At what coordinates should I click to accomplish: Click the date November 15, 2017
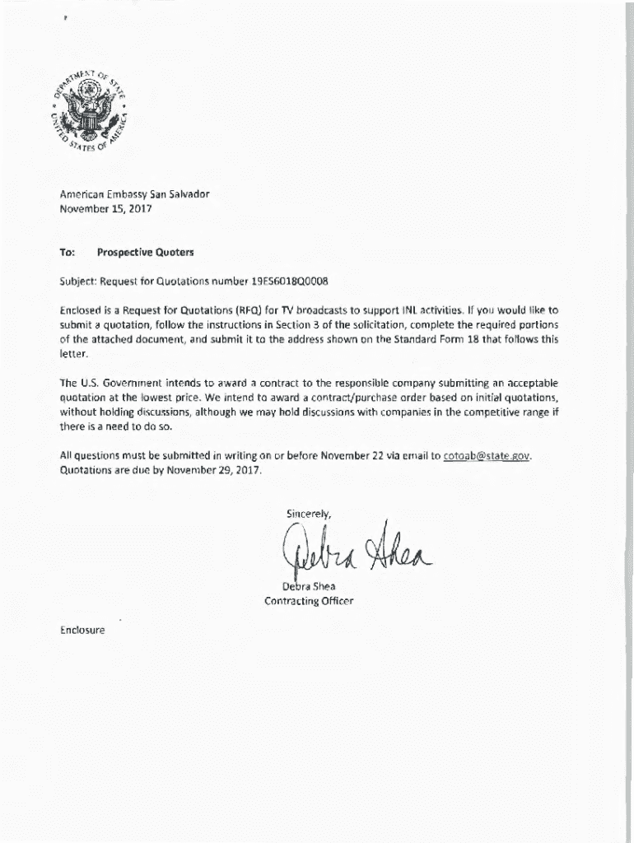[x=106, y=208]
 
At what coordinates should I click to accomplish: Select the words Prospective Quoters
[x=145, y=252]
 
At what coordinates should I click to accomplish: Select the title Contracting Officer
[x=309, y=601]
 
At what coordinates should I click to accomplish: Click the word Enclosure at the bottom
[x=82, y=631]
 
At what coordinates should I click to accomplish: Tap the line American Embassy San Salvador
[x=134, y=193]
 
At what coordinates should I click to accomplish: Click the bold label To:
[x=68, y=252]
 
